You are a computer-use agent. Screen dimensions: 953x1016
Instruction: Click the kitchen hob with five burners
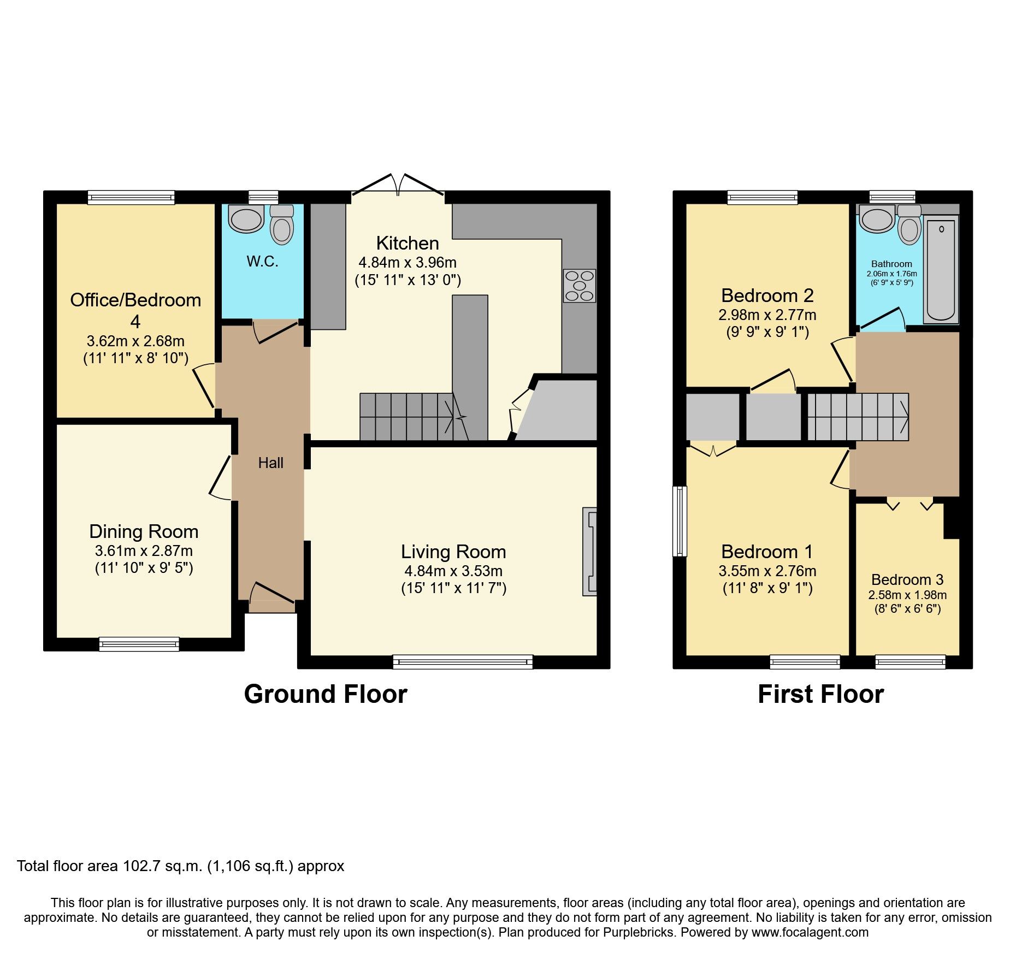[580, 286]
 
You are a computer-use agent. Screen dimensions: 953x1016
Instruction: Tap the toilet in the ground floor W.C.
[282, 225]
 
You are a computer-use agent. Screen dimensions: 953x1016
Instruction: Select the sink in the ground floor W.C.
[246, 219]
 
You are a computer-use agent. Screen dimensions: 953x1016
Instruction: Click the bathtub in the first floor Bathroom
[941, 270]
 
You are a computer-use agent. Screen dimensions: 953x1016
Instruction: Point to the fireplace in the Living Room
[589, 552]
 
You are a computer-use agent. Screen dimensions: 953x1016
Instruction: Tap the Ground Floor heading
[326, 694]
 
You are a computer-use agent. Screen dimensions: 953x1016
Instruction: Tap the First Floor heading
[820, 694]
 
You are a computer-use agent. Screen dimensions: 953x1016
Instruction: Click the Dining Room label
[144, 531]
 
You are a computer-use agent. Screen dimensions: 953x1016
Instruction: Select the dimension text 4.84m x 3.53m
[453, 571]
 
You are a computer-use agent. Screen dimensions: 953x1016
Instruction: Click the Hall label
[270, 463]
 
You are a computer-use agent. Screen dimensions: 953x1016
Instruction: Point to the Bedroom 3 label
[907, 579]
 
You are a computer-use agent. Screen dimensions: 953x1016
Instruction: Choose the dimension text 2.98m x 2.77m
[767, 315]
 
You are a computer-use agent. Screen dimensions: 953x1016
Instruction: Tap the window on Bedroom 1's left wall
[680, 521]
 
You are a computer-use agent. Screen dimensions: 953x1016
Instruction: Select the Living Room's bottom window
[463, 662]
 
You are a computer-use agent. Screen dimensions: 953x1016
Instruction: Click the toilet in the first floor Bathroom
[909, 225]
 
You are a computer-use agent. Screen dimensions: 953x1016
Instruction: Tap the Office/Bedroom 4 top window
[131, 197]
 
